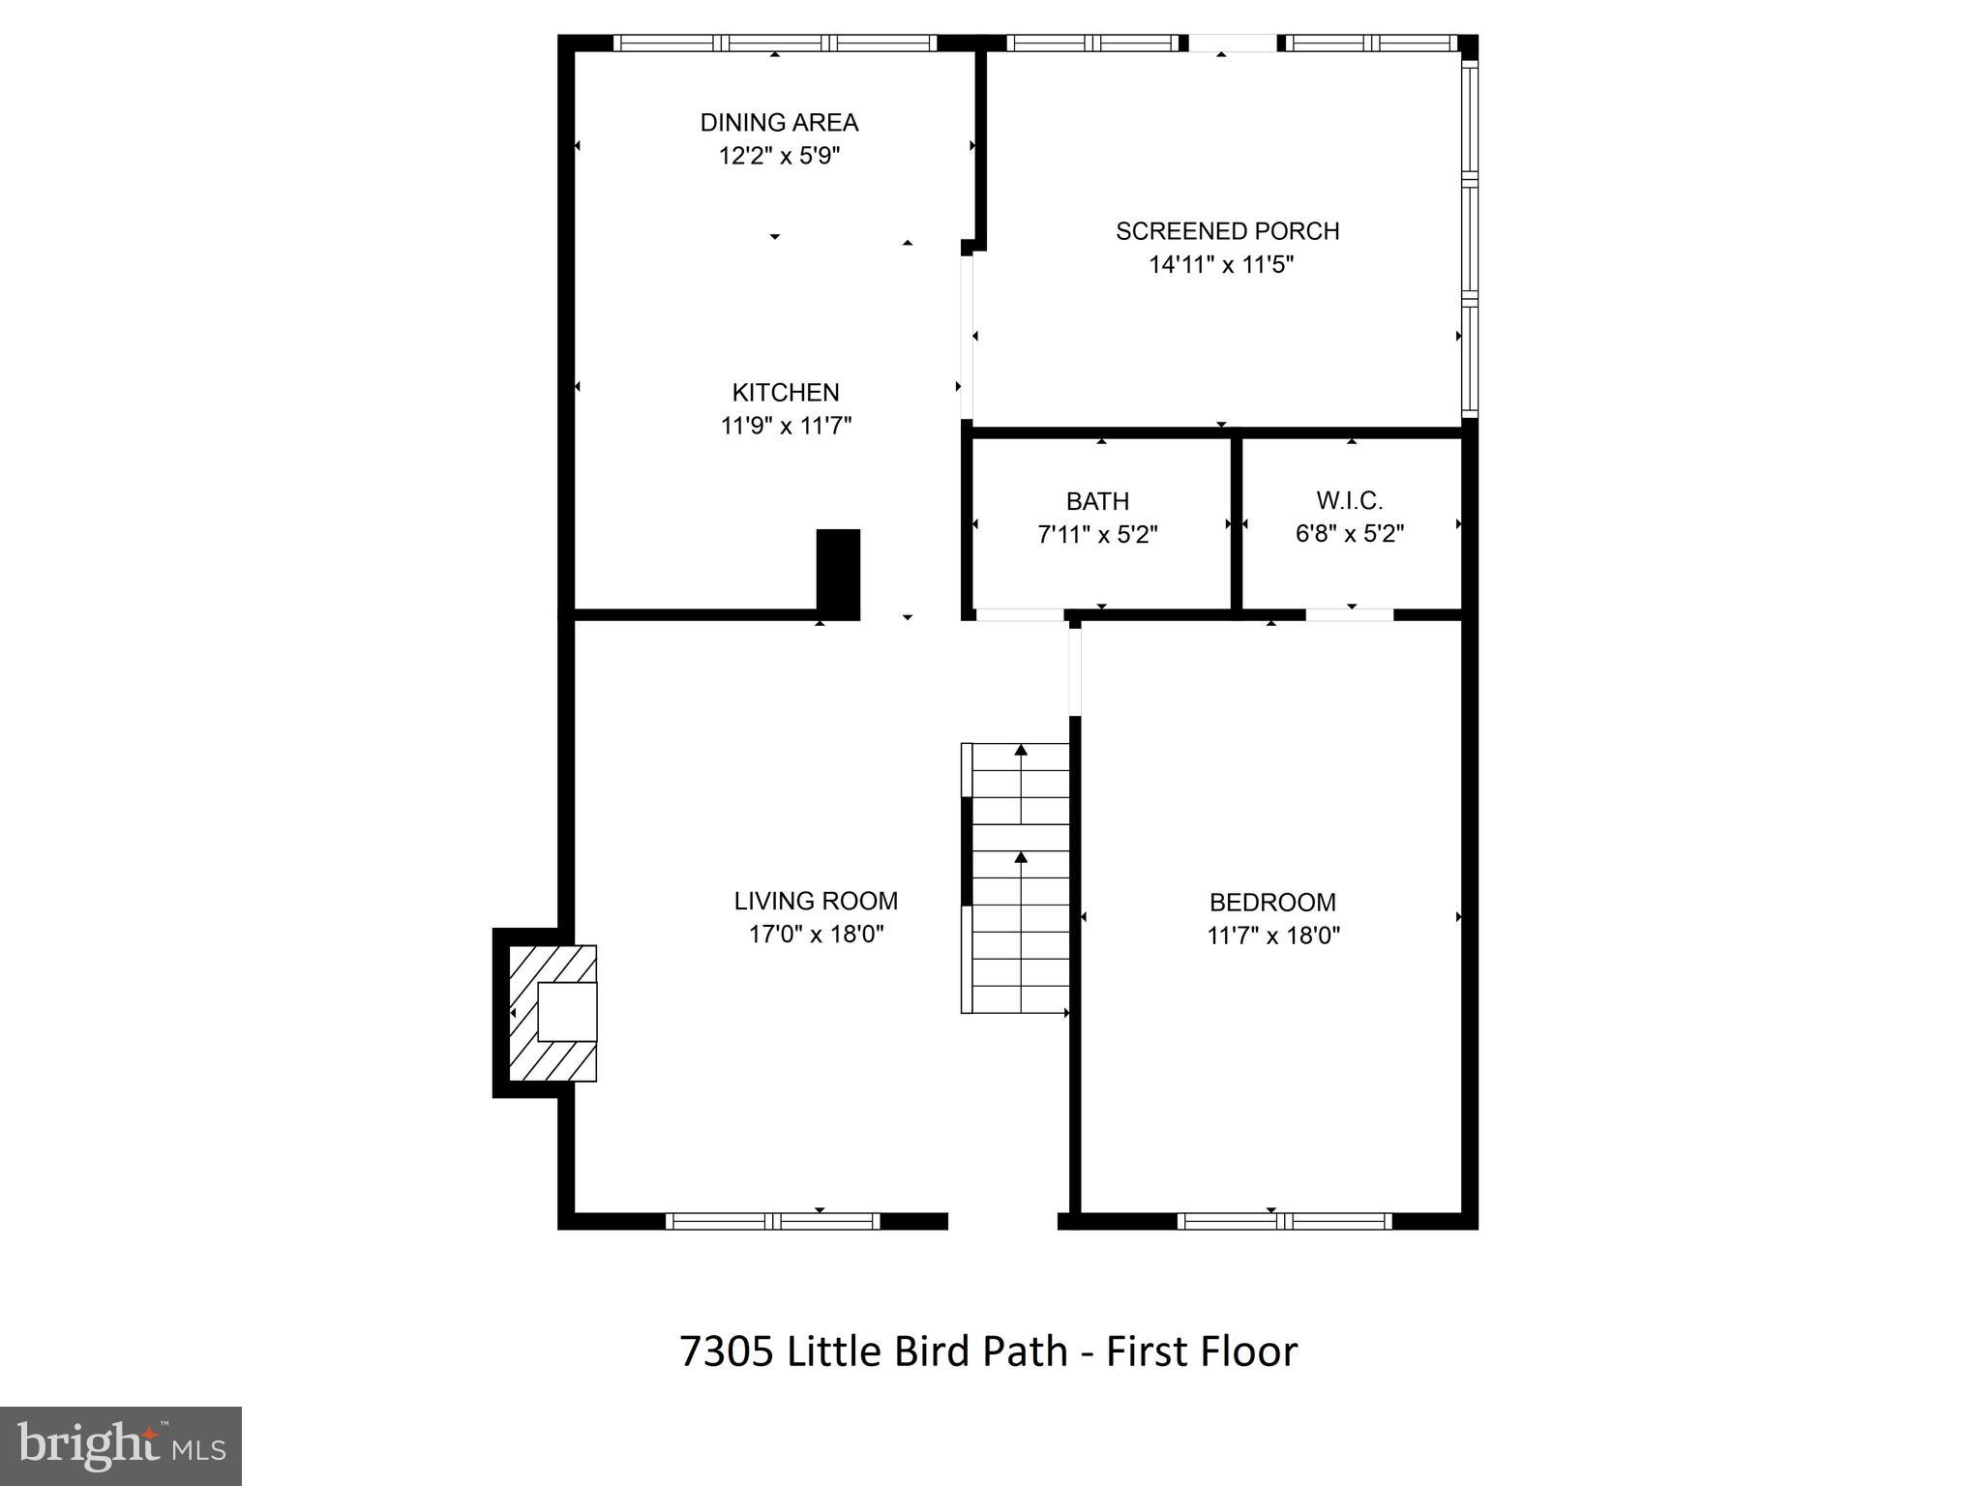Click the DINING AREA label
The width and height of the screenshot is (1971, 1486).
(x=779, y=123)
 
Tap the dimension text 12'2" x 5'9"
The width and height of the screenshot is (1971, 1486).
(x=779, y=156)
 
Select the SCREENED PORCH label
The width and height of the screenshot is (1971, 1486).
(x=1227, y=231)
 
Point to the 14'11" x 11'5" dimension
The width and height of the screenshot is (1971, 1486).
(x=1221, y=264)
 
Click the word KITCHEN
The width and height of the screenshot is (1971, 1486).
(x=785, y=393)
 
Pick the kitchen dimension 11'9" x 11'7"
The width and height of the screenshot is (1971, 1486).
(x=786, y=426)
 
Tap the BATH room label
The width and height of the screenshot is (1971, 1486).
(x=1097, y=501)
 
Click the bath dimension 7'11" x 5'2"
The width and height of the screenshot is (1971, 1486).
(x=1097, y=534)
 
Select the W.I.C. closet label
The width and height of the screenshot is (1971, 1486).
(x=1349, y=500)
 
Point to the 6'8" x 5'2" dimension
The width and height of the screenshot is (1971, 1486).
(x=1349, y=533)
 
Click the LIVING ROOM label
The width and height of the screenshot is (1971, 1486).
(x=816, y=901)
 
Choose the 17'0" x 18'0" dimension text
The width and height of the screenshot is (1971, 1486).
(x=816, y=934)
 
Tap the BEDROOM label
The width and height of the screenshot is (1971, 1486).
(x=1272, y=902)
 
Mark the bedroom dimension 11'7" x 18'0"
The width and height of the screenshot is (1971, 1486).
(x=1272, y=935)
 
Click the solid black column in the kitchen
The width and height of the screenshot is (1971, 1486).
(x=838, y=572)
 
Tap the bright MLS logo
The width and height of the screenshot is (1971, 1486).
(x=121, y=1445)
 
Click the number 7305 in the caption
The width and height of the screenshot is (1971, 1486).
(x=727, y=1352)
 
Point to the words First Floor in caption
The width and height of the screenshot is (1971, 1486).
(x=1201, y=1352)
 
